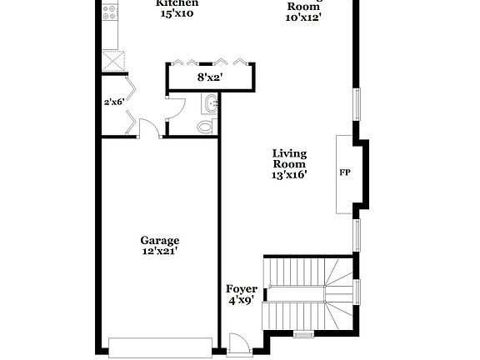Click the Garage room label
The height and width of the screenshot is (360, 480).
pos(158,240)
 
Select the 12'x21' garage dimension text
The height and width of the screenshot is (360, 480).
pos(158,250)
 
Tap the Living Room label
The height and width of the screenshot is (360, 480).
pos(289,159)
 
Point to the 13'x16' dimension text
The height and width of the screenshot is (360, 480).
pos(289,175)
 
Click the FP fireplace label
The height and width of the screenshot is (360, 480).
pos(344,173)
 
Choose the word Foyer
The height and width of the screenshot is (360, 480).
pos(242,289)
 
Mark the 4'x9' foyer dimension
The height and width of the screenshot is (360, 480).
pos(242,301)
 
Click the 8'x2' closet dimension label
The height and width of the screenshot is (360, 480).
pos(209,77)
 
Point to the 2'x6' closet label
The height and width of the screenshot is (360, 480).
pos(112,102)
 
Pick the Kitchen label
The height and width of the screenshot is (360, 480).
pos(177,3)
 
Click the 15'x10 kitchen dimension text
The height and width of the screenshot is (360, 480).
pos(177,14)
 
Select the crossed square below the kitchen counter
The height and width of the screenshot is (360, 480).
pos(112,62)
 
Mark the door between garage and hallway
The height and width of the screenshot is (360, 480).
pos(149,128)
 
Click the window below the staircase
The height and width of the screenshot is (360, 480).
pos(303,334)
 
